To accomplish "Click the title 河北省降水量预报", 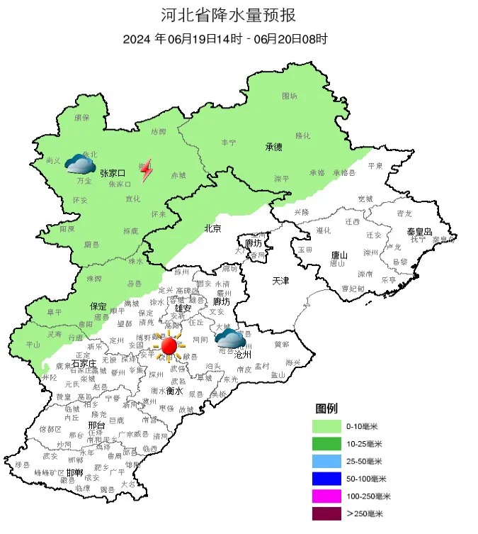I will [238, 16].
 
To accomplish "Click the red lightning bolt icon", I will [146, 171].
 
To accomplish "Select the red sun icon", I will [169, 346].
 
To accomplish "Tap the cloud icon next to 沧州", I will [229, 338].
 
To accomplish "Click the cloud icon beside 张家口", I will [80, 165].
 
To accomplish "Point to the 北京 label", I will [212, 228].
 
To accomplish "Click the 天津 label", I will [280, 282].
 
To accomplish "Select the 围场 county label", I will [290, 95].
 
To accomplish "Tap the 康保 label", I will [82, 118].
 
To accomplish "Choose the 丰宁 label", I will [229, 143].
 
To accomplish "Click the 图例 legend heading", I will [326, 409].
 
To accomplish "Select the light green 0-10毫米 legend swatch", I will [328, 426].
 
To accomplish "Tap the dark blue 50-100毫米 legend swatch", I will [328, 479].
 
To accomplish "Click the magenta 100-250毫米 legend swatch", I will [328, 496].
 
